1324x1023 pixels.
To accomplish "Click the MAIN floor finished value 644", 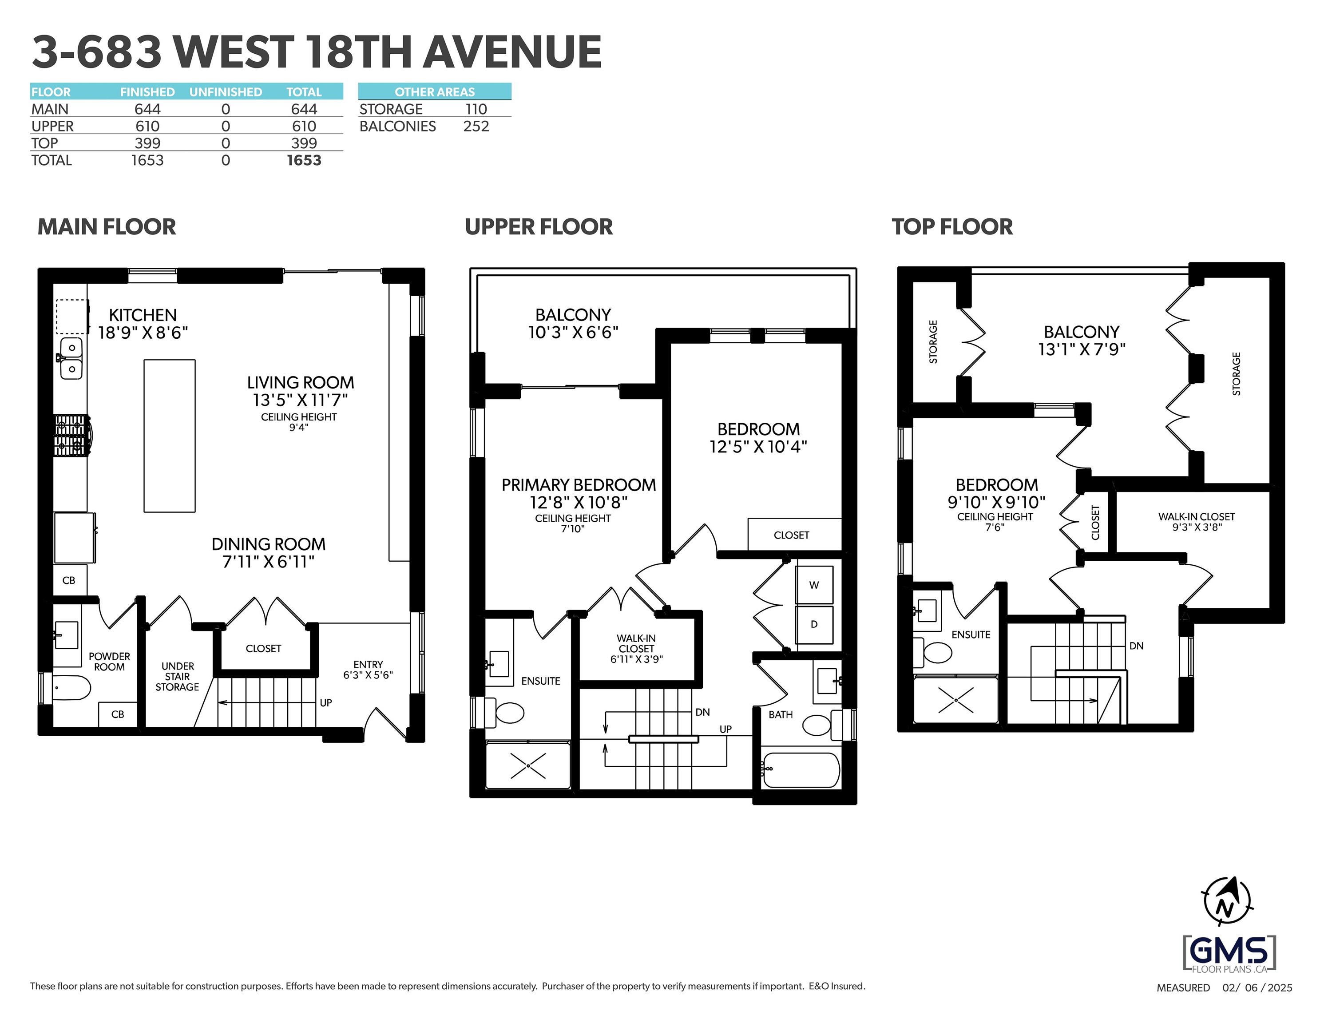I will (147, 109).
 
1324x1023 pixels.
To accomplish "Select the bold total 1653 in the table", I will (304, 160).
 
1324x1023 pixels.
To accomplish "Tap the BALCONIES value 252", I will (476, 126).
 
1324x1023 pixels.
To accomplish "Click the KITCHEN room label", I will (143, 315).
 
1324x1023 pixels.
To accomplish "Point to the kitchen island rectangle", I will (169, 436).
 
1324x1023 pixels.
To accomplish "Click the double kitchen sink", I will (71, 358).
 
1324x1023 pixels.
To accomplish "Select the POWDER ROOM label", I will (109, 661).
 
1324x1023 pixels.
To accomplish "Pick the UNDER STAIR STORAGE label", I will (177, 676).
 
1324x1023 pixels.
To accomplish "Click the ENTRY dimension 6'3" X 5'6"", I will (368, 675).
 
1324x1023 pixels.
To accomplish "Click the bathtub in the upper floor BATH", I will (800, 769).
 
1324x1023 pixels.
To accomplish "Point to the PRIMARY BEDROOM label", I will (579, 485).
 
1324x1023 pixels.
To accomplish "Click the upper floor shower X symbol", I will (528, 766).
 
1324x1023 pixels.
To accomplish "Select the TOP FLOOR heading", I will (952, 227).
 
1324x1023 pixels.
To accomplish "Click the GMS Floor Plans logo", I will (1229, 954).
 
